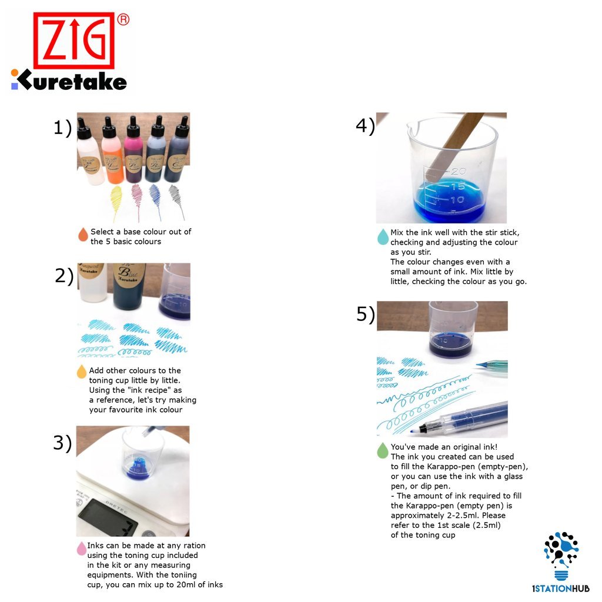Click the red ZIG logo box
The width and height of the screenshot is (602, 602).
coord(73,41)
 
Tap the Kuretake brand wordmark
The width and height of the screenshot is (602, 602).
coord(69,80)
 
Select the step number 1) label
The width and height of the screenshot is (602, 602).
coord(62,128)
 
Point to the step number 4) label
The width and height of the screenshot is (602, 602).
coord(365,126)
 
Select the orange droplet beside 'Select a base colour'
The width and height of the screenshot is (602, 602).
coord(83,234)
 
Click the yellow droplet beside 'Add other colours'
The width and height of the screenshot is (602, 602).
coord(82,372)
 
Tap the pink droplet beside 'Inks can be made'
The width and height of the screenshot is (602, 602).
coord(81,549)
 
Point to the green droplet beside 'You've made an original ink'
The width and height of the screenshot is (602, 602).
coord(382,450)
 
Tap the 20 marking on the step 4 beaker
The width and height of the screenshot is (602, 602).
coord(458,171)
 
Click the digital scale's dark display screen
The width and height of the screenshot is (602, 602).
coord(107,517)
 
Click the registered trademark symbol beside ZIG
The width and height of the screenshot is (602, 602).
coord(123,19)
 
